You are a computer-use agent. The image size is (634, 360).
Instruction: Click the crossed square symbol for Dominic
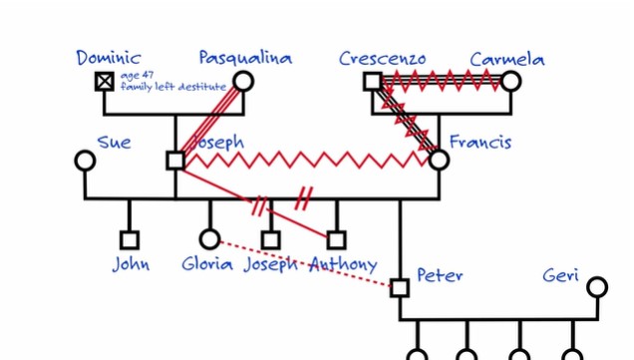(105, 82)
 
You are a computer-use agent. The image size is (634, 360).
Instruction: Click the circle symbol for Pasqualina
(243, 82)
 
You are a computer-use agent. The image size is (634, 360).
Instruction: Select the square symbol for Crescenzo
(372, 82)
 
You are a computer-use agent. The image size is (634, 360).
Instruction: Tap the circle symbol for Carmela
(510, 82)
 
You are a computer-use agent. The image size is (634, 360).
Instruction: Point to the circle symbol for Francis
(439, 160)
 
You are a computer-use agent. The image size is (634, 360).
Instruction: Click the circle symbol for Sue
(85, 161)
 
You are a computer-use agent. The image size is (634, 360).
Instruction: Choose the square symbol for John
(129, 239)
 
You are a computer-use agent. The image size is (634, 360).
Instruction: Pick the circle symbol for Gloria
(209, 239)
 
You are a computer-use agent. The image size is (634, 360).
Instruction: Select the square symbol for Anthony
(337, 239)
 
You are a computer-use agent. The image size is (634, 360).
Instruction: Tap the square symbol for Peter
(400, 288)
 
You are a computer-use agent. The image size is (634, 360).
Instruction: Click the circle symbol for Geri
(596, 288)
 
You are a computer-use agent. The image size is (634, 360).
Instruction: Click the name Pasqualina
(244, 58)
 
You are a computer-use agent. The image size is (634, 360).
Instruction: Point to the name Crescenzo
(382, 59)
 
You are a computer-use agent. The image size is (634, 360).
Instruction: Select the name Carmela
(507, 59)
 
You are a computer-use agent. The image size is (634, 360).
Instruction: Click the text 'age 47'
(135, 76)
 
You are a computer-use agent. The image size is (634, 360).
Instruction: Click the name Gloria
(207, 264)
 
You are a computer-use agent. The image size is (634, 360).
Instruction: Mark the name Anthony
(344, 264)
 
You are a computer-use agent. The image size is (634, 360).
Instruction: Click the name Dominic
(109, 58)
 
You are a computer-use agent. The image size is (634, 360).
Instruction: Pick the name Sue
(114, 144)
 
